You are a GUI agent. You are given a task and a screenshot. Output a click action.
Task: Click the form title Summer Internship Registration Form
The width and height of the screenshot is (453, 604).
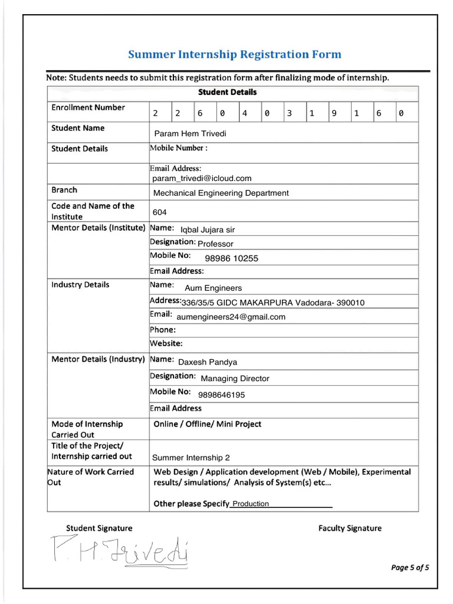click(x=234, y=55)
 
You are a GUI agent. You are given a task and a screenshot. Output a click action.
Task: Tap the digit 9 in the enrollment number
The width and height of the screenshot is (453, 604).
click(x=334, y=113)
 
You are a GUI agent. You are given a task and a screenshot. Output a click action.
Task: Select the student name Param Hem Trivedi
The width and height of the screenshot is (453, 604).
click(x=190, y=133)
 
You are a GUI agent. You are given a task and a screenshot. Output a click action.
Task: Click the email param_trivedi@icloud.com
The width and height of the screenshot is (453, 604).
click(x=202, y=178)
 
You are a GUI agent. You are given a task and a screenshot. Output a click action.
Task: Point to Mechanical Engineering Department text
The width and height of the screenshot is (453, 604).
click(x=221, y=193)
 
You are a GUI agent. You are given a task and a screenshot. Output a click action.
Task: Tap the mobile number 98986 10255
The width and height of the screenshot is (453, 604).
click(x=231, y=258)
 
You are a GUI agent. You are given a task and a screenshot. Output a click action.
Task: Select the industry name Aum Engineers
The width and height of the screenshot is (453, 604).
click(x=213, y=288)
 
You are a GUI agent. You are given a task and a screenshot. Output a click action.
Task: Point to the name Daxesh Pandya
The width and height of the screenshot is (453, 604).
click(x=207, y=362)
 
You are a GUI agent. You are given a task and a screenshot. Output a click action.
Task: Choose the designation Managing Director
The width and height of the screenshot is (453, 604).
click(x=235, y=379)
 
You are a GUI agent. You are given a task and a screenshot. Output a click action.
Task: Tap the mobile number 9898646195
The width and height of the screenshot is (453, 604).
click(x=222, y=395)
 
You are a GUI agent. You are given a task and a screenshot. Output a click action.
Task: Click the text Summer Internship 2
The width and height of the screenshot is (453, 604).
click(x=191, y=458)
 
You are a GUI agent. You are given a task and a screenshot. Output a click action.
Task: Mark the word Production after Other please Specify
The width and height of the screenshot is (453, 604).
click(x=251, y=504)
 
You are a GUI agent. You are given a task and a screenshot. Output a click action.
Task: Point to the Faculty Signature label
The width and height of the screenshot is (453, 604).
click(x=350, y=528)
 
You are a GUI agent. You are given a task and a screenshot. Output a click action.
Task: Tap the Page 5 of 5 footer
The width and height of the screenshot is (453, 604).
click(x=410, y=568)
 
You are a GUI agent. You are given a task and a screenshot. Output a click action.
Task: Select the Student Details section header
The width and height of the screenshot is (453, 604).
click(x=227, y=92)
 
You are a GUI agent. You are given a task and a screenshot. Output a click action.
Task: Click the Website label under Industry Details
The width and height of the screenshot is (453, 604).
click(x=166, y=343)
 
